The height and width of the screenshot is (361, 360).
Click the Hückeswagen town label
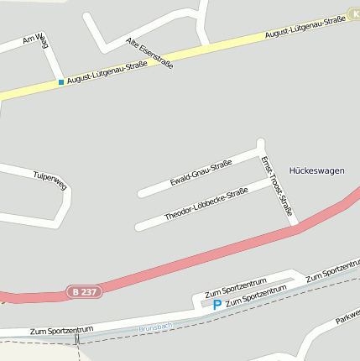coord(316,170)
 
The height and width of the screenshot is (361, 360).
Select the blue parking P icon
coord(217,305)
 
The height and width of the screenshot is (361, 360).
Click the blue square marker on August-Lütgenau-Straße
coord(60,82)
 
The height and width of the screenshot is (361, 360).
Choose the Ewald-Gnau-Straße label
coord(201,171)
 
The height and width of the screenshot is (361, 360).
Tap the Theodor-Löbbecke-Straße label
coord(206,204)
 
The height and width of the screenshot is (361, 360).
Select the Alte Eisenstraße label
coord(149,53)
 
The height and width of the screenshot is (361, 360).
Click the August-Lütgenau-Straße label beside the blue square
coord(102,74)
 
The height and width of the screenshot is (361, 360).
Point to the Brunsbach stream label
coord(155,327)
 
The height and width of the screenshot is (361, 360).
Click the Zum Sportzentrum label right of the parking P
coord(257,294)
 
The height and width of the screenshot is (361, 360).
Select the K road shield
coord(353,13)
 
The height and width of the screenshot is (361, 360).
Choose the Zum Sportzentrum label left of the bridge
coord(60,332)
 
